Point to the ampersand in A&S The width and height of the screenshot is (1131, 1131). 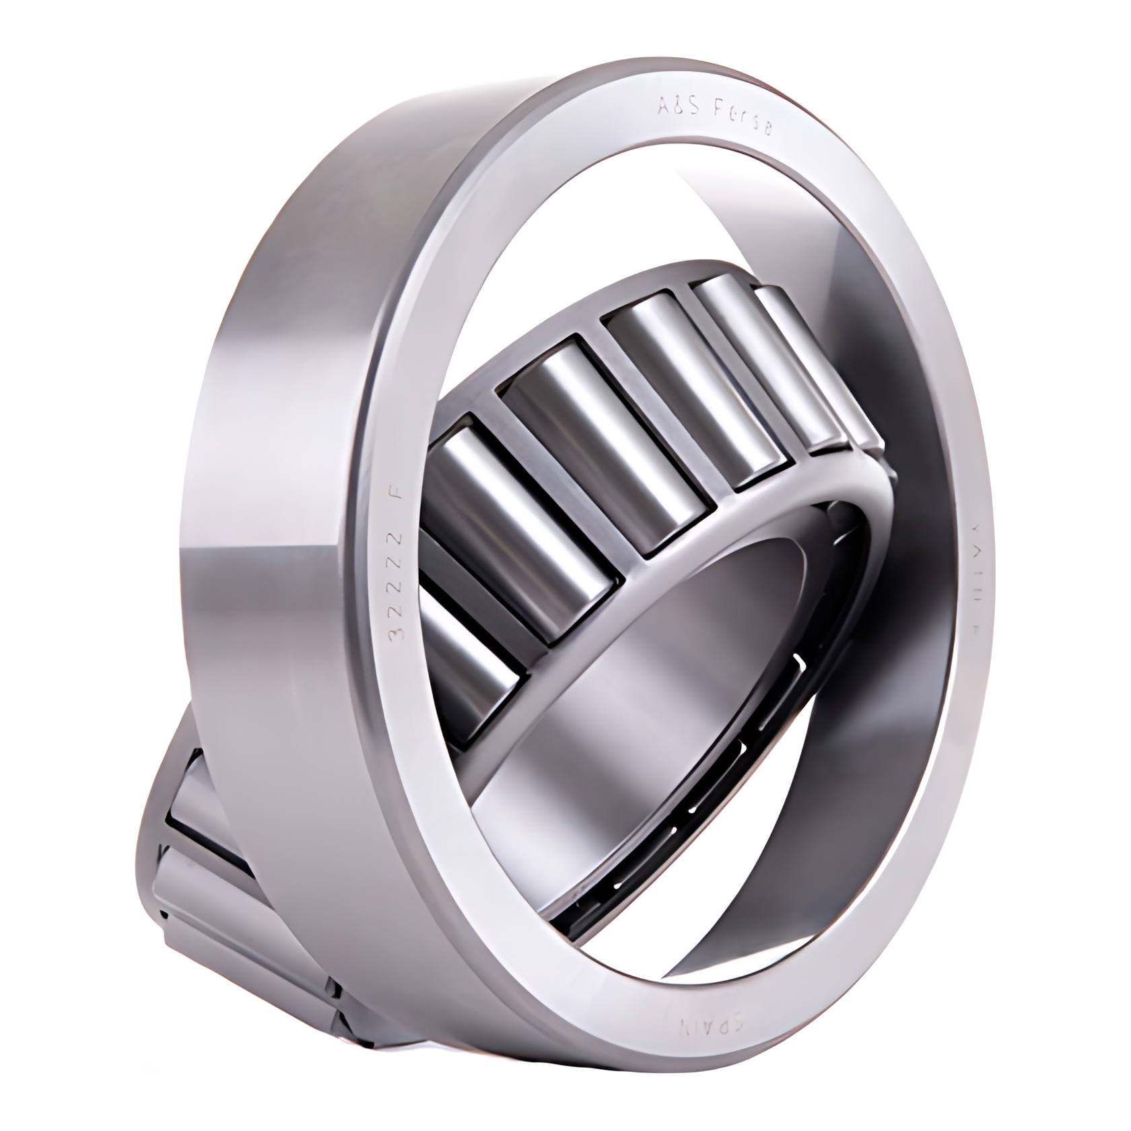pyautogui.click(x=675, y=104)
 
